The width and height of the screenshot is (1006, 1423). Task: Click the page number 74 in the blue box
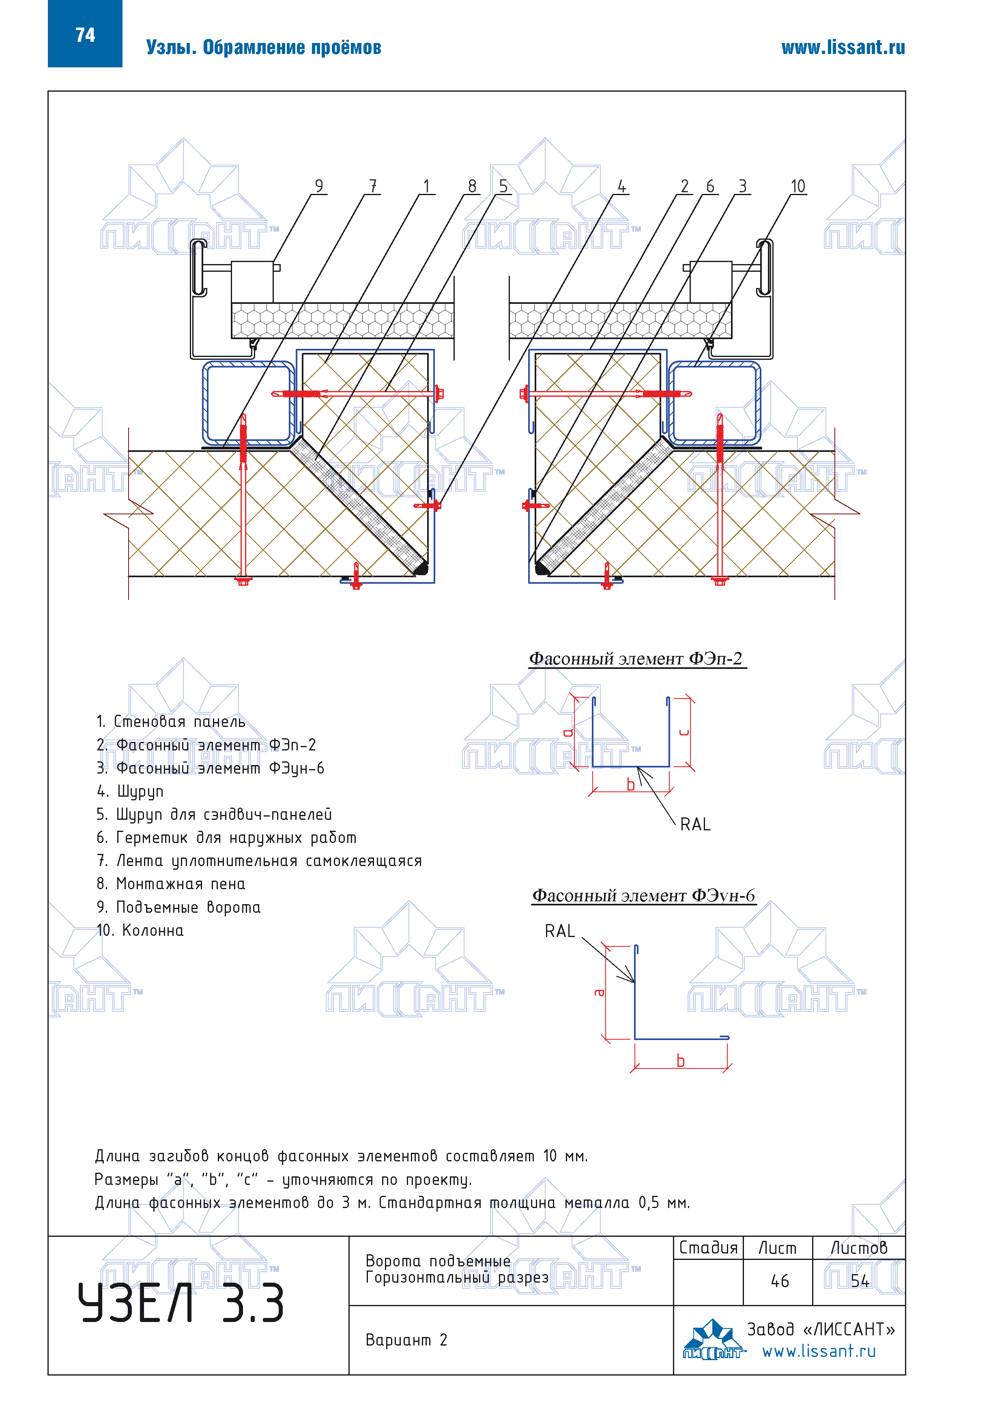85,35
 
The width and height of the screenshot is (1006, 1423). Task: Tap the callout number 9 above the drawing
318,186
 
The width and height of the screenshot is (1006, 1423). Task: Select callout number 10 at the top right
798,186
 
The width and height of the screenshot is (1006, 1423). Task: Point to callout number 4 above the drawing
622,186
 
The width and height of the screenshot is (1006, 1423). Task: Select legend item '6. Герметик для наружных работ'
226,838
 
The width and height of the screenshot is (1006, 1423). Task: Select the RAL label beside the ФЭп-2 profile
695,824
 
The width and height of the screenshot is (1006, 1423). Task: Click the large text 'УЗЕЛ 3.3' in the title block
181,1303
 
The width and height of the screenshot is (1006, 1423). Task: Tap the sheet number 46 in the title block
780,1281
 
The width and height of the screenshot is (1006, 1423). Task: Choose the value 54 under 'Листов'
860,1281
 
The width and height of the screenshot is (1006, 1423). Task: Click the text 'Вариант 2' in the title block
406,1340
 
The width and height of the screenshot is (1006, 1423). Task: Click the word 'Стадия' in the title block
709,1248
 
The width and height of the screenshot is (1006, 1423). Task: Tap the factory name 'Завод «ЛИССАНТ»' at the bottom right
821,1329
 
